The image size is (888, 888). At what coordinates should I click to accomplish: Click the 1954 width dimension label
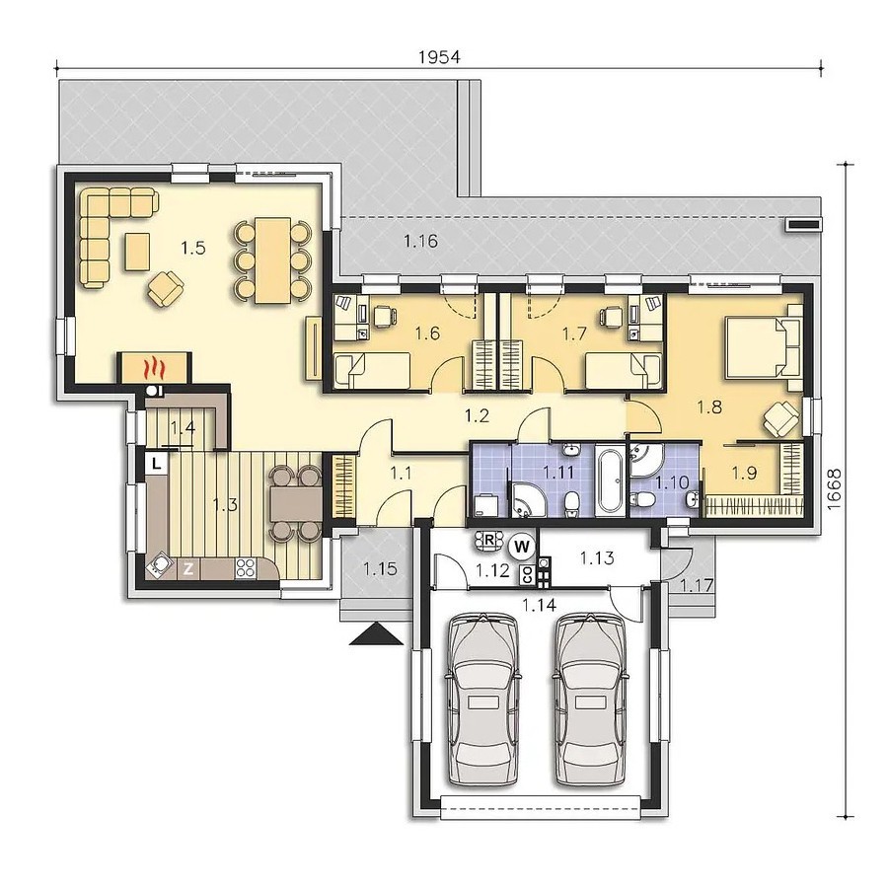click(x=439, y=57)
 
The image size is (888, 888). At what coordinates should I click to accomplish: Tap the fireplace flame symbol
click(x=154, y=368)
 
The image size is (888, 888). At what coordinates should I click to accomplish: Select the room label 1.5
click(x=193, y=248)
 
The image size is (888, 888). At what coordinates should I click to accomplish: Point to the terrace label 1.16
click(x=420, y=242)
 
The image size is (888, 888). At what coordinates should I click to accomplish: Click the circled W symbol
click(x=522, y=547)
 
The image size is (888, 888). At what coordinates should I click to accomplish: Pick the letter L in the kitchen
click(x=157, y=464)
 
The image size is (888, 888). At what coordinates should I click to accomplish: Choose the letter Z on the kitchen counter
click(x=188, y=568)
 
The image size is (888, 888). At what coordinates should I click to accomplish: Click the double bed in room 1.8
click(x=764, y=347)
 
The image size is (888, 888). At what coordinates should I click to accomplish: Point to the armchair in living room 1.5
click(x=167, y=288)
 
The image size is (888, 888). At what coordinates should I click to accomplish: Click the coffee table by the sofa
click(x=138, y=252)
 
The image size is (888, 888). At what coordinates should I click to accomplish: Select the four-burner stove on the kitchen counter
click(x=246, y=568)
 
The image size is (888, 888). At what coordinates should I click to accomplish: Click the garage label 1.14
click(x=539, y=606)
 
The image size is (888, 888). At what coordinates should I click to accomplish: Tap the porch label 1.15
click(x=380, y=568)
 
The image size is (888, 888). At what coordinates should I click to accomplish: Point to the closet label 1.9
click(x=744, y=473)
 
